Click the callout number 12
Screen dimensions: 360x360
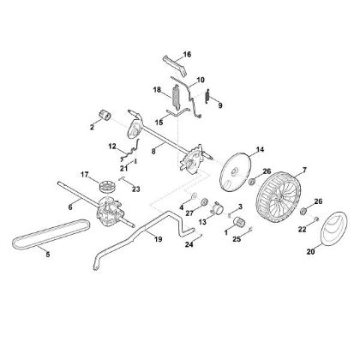111,147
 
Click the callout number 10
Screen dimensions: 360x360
201,80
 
